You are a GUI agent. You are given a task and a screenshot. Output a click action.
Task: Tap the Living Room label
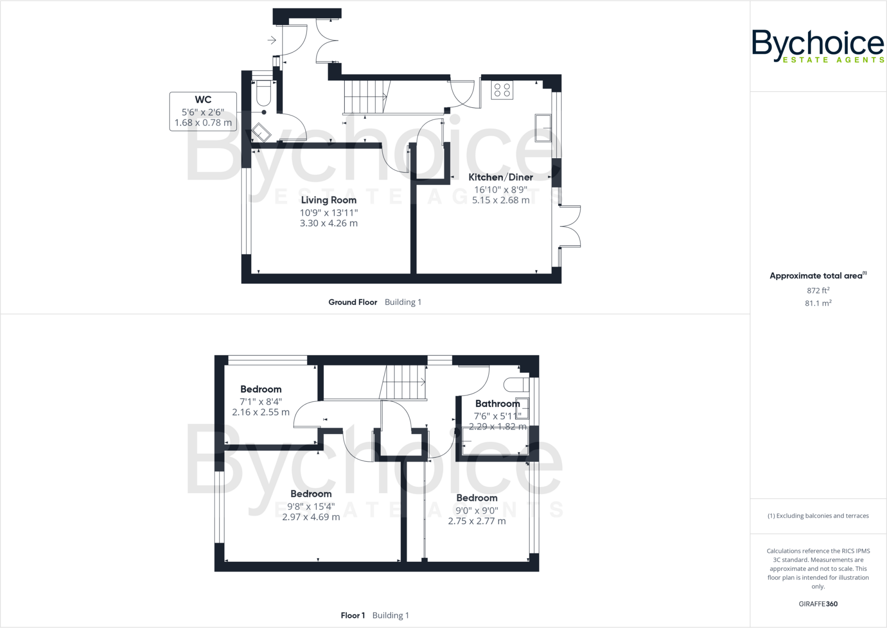coord(329,200)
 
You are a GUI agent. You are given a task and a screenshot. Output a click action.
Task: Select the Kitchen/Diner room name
coord(500,177)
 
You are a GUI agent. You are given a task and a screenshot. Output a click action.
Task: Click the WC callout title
coord(203,100)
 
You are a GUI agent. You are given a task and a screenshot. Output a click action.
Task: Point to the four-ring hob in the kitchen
coord(502,90)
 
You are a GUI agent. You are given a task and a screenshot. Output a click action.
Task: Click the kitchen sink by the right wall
coord(543,128)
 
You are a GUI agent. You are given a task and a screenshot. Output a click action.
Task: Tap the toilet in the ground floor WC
coord(264,93)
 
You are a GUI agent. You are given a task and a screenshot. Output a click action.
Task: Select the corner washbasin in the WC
coord(261,132)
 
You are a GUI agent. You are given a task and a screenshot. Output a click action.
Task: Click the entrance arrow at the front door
coord(272,40)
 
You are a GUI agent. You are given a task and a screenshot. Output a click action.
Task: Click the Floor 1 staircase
coord(403,382)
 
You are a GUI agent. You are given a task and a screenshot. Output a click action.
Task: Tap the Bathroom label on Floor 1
coord(497,404)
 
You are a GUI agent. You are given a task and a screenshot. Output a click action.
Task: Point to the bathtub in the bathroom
coord(495,441)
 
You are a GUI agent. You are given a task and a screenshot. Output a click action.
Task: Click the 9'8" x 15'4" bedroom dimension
coord(311,506)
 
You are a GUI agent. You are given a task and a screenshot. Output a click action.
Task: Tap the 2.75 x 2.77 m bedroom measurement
coord(477,521)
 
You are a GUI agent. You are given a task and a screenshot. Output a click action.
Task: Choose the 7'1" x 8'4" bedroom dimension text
coord(261,402)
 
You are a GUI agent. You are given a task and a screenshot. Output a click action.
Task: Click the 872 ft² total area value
coord(818,290)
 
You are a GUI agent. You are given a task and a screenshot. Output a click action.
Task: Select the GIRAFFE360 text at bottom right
coord(818,604)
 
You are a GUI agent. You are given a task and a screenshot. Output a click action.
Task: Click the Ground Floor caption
coord(353,302)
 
